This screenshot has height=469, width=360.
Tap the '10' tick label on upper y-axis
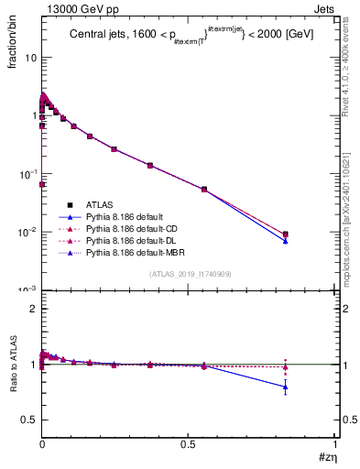pos(31,57)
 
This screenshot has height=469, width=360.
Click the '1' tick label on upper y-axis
pos(34,115)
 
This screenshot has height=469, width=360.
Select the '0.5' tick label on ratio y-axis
pos(28,420)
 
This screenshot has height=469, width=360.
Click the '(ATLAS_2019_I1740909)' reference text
pos(189,275)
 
